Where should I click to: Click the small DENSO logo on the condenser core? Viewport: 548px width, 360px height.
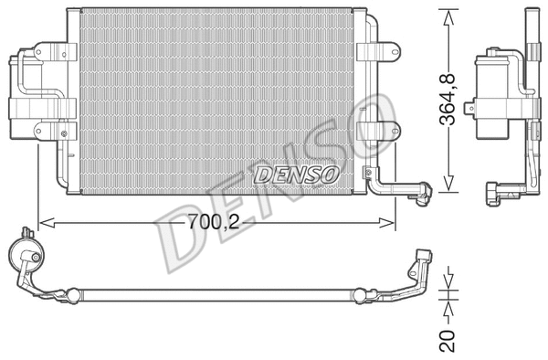296,172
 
